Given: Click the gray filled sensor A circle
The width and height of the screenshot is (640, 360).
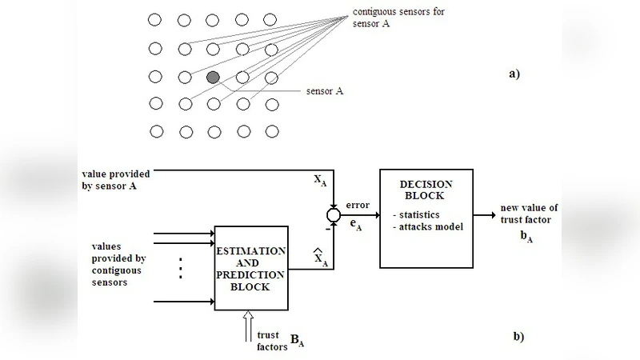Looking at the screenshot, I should (x=213, y=78).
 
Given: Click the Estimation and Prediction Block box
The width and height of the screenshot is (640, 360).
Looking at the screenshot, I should (x=250, y=268).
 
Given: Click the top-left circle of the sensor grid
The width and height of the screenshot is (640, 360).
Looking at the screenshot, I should (x=157, y=19).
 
